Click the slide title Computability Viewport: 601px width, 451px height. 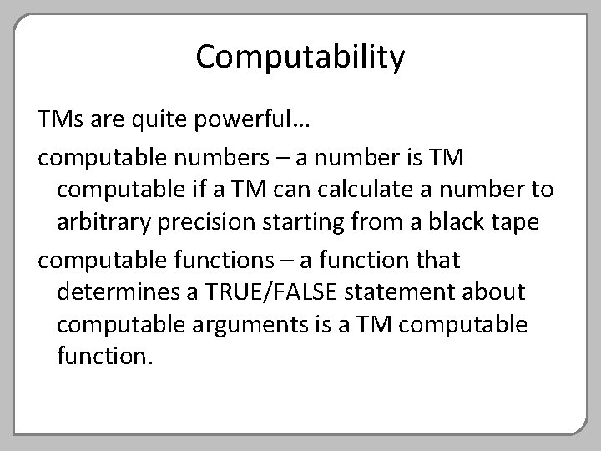(x=300, y=58)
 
